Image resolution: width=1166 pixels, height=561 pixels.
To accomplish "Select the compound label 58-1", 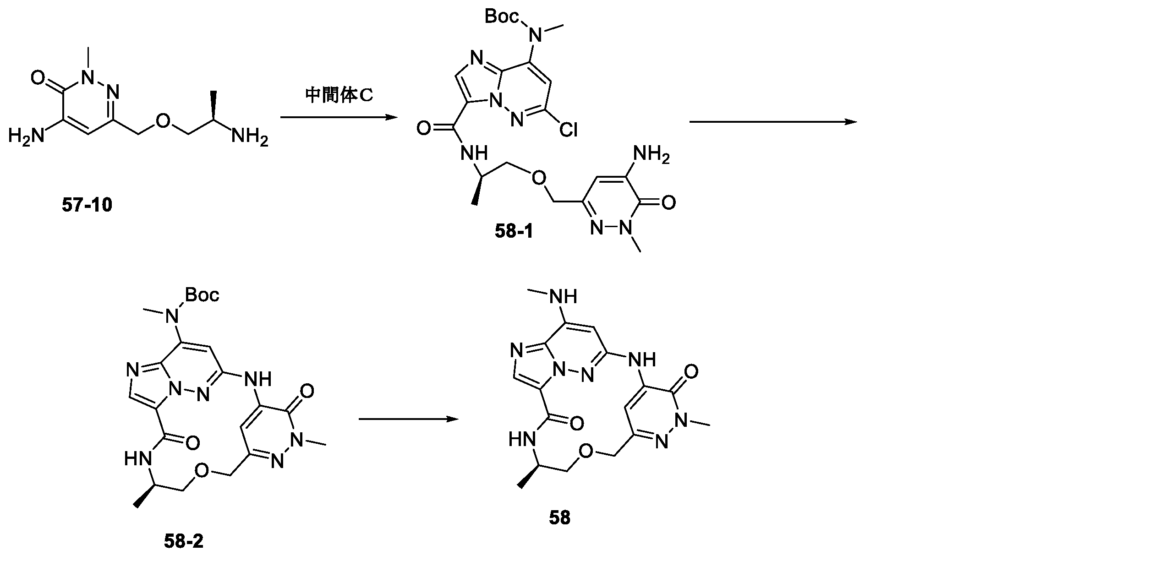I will [x=514, y=232].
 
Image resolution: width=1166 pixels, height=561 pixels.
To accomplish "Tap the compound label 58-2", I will [x=183, y=542].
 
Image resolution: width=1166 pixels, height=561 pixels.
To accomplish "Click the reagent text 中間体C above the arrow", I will [x=339, y=96].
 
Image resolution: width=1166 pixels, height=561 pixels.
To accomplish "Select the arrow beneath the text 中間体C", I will [x=339, y=118].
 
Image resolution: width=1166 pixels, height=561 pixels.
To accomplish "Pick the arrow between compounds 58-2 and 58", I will [x=408, y=419].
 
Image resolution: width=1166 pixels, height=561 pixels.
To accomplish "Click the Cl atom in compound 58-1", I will [x=568, y=131].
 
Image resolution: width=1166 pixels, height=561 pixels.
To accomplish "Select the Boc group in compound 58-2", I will [x=202, y=295].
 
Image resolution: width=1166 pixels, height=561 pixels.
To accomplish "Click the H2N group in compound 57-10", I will [x=26, y=136].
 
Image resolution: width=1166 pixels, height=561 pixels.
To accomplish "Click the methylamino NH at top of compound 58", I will [x=565, y=296].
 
